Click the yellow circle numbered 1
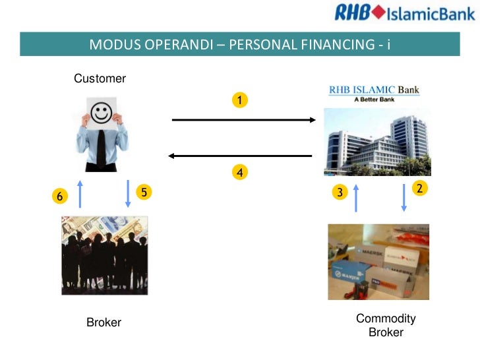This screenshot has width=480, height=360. pyautogui.click(x=240, y=100)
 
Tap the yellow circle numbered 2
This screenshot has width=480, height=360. pyautogui.click(x=419, y=188)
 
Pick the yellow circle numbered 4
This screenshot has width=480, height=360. pyautogui.click(x=240, y=173)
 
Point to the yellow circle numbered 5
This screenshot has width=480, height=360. pyautogui.click(x=143, y=193)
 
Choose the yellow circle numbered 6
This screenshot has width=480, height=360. pyautogui.click(x=60, y=196)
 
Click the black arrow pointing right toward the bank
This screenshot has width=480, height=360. pyautogui.click(x=245, y=120)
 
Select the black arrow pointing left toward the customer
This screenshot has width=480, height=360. pyautogui.click(x=240, y=156)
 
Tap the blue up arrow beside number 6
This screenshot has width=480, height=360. pyautogui.click(x=80, y=194)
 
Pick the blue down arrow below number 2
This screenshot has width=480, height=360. pyautogui.click(x=404, y=196)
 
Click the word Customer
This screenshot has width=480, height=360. pyautogui.click(x=100, y=79)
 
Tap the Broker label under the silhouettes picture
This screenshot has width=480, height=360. pyautogui.click(x=104, y=323)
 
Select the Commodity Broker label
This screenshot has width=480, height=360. pyautogui.click(x=386, y=326)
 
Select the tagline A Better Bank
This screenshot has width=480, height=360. pyautogui.click(x=375, y=100)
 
